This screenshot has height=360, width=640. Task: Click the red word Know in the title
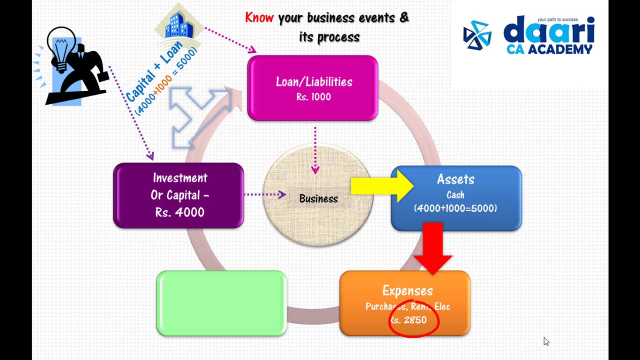pyautogui.click(x=259, y=18)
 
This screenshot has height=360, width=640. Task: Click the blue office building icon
pyautogui.click(x=179, y=25)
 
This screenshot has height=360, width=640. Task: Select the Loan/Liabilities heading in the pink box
pyautogui.click(x=314, y=82)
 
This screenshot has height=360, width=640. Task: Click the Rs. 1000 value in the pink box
pyautogui.click(x=313, y=97)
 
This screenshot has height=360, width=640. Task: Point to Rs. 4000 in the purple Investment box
pyautogui.click(x=179, y=212)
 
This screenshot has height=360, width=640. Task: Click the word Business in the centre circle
pyautogui.click(x=318, y=199)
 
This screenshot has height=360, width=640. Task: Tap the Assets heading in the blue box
pyautogui.click(x=455, y=179)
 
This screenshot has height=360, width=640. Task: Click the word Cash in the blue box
pyautogui.click(x=455, y=195)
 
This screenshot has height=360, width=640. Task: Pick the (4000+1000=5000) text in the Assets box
pyautogui.click(x=455, y=208)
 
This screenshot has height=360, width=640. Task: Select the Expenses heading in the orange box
pyautogui.click(x=407, y=291)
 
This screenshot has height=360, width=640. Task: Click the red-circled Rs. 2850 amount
pyautogui.click(x=409, y=320)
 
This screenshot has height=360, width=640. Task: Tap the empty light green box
pyautogui.click(x=221, y=303)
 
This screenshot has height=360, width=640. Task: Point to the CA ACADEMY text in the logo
pyautogui.click(x=549, y=49)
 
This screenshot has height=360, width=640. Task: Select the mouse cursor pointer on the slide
pyautogui.click(x=546, y=341)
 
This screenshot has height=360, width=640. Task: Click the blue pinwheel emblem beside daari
pyautogui.click(x=477, y=35)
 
